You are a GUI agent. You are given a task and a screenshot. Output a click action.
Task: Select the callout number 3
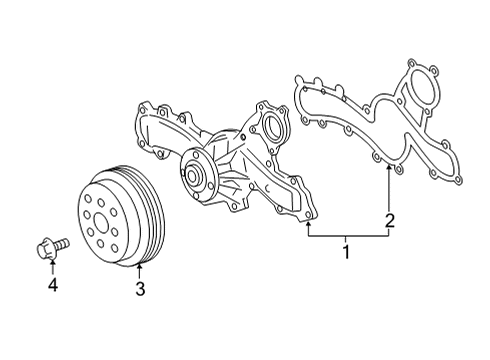141,290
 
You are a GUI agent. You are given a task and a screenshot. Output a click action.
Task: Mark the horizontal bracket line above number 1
350,235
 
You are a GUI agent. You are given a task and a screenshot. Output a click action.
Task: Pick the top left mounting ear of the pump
145,107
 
